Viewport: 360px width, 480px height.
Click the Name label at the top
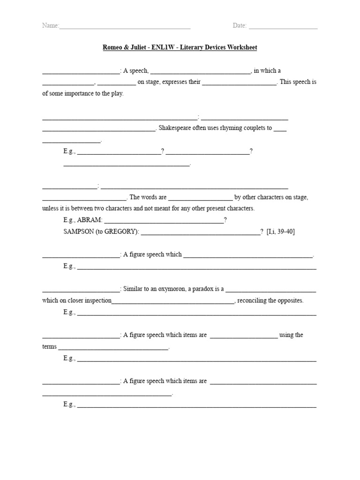click(x=50, y=26)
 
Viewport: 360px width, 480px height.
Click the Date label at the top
click(x=240, y=26)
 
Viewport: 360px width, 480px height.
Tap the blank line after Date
click(x=283, y=27)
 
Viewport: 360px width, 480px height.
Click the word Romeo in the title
click(x=113, y=48)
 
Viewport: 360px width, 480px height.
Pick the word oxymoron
click(x=169, y=289)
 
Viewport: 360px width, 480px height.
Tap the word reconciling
click(x=254, y=301)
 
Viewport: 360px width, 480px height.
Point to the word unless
click(x=50, y=209)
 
